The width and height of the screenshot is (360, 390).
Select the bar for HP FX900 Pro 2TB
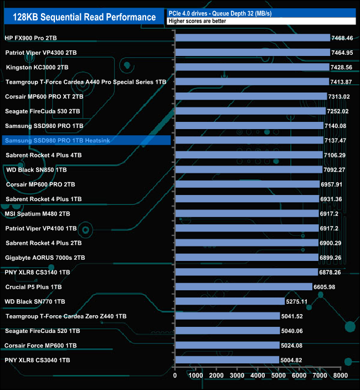[x=253, y=38]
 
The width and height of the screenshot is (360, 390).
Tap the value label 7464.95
[x=341, y=53]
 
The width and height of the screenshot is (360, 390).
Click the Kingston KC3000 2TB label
[x=37, y=67]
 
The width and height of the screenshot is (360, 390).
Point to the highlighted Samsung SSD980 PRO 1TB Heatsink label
[x=50, y=141]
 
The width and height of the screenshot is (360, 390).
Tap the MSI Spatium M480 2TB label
[x=37, y=213]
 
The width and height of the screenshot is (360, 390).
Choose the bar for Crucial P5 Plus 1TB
[x=244, y=286]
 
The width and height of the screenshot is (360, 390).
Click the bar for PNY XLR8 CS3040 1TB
[x=227, y=360]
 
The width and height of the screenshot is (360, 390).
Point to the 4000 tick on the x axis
[x=258, y=375]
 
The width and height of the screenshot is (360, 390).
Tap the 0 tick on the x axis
[x=175, y=375]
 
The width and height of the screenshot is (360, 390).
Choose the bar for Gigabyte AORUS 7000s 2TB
[x=246, y=258]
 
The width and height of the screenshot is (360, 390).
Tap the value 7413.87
[x=341, y=82]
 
